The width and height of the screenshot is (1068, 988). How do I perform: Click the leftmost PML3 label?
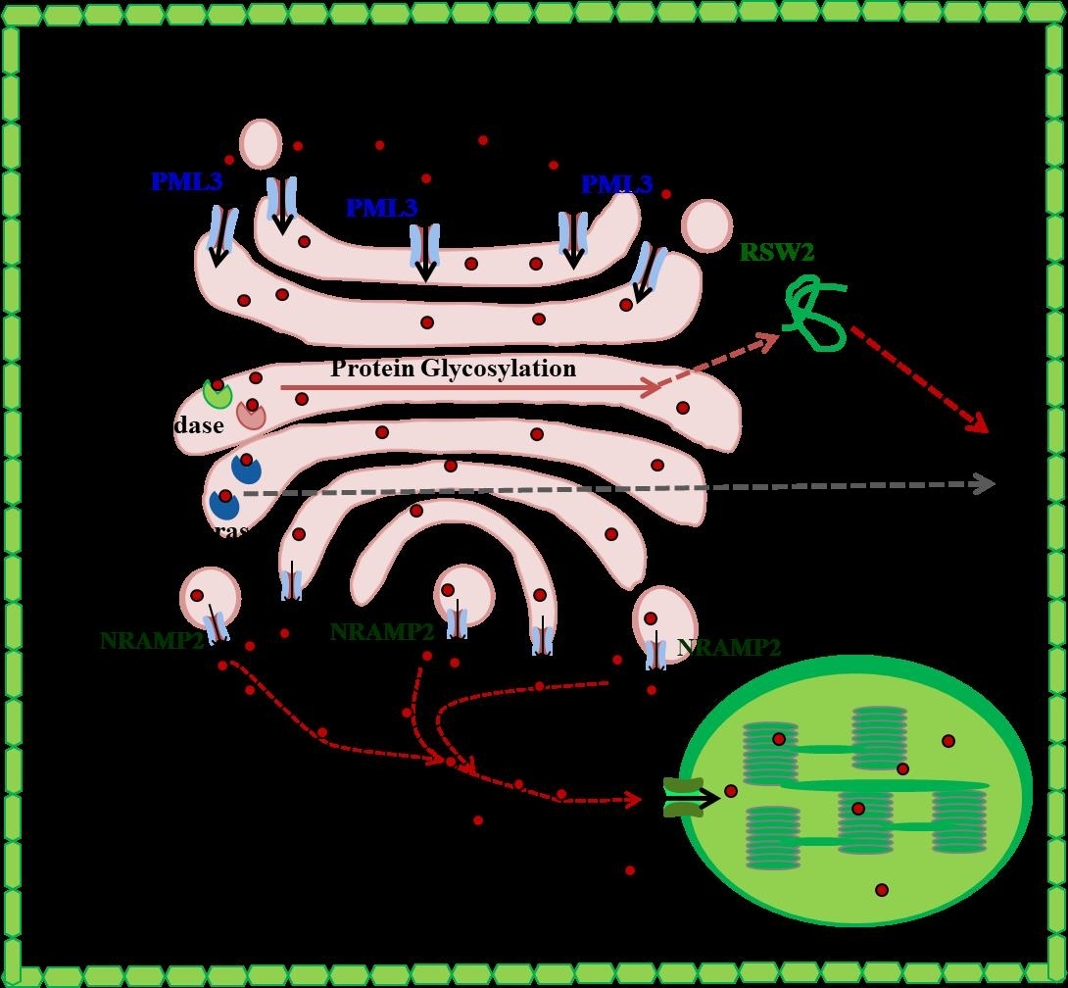point(186,181)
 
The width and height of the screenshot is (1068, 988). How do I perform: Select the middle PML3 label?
point(381,208)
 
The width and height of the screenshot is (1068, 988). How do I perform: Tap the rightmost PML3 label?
point(616,184)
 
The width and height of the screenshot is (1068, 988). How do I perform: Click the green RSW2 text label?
point(777,252)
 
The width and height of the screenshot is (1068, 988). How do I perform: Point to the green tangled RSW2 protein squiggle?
point(815,312)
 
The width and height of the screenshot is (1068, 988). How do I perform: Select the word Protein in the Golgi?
point(371,369)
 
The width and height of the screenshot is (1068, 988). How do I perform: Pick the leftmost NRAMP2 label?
point(152,641)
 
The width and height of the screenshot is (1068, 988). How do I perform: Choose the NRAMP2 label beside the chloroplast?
point(729,648)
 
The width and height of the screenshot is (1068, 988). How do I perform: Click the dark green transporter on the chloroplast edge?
point(684,797)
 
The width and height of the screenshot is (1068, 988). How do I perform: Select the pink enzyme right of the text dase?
point(251,414)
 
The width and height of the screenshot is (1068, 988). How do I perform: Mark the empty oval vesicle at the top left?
point(261,144)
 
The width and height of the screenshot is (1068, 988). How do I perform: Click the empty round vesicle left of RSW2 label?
point(706,226)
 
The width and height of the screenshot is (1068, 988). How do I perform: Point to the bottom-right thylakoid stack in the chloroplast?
point(958,820)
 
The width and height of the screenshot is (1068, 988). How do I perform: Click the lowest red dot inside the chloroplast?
point(882,890)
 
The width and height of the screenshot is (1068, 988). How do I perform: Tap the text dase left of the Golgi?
point(199,425)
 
